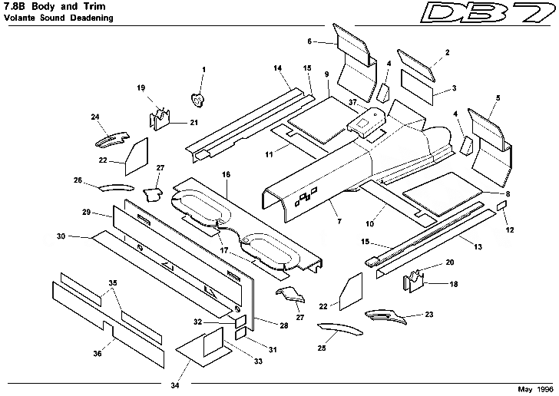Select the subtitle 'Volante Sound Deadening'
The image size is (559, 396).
tap(53, 17)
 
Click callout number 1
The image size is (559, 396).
tap(203, 70)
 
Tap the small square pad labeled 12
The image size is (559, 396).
tap(501, 206)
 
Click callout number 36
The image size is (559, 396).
tap(98, 354)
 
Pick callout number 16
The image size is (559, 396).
tap(226, 176)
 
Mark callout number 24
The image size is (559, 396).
tap(95, 117)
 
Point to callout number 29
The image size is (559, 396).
tap(86, 211)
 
